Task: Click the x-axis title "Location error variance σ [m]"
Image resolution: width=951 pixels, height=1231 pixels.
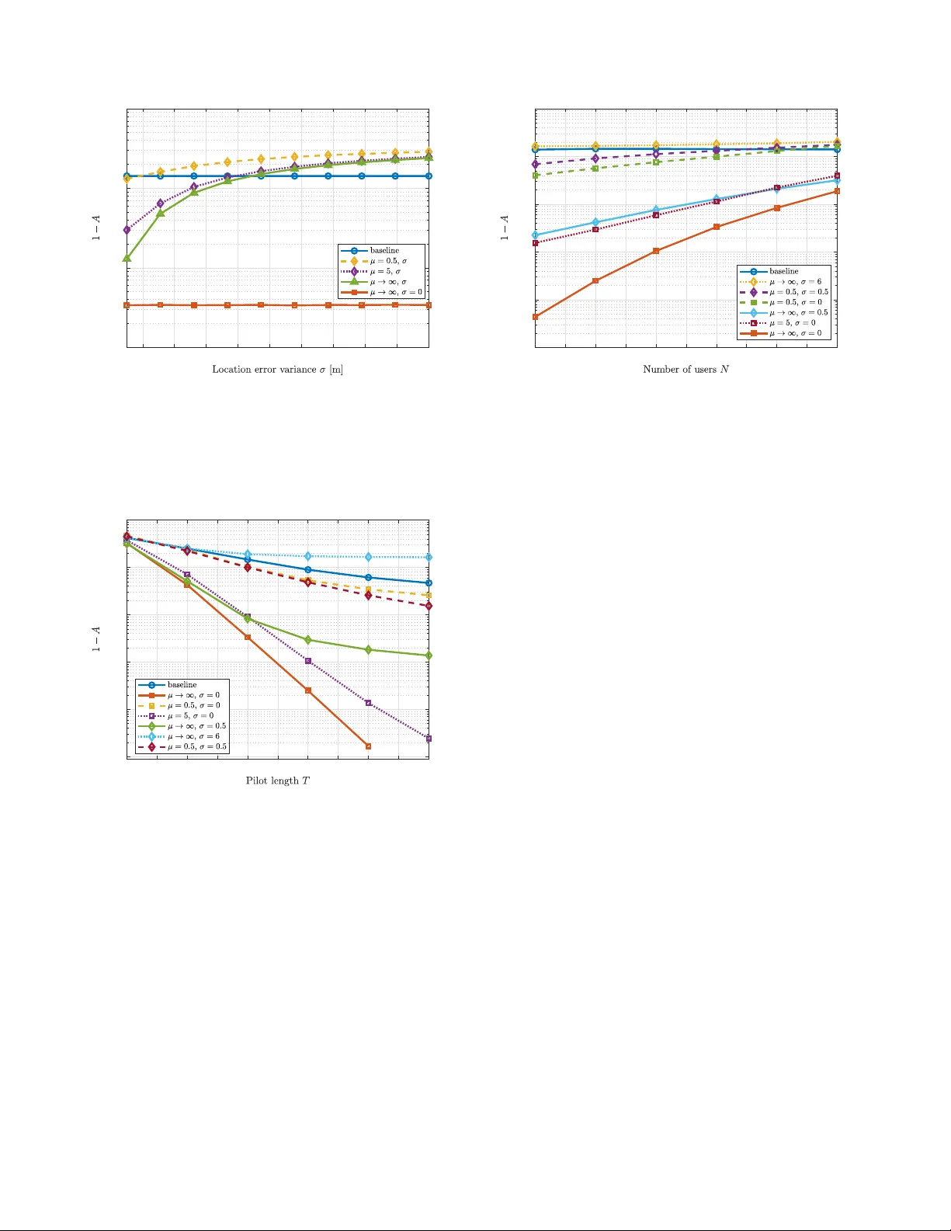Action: [x=277, y=370]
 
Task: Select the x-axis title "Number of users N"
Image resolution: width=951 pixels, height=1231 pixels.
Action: [x=685, y=370]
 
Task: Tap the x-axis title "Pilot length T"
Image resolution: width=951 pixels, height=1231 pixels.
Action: [x=277, y=781]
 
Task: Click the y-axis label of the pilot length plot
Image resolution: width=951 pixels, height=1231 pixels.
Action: [x=96, y=639]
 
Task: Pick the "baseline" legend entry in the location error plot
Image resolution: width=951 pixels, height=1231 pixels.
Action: [x=384, y=251]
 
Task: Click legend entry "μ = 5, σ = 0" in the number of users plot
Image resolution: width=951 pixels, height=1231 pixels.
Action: [x=792, y=323]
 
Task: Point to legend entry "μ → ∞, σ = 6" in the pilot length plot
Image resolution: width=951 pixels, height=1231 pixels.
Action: [x=193, y=736]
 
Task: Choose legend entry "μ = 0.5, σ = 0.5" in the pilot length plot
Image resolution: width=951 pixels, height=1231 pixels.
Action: [x=197, y=747]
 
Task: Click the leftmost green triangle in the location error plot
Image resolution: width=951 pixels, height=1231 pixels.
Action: [x=127, y=258]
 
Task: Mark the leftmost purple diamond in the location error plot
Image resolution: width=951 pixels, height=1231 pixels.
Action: [x=127, y=230]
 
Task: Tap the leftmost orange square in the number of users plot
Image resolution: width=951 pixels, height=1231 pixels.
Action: [x=536, y=317]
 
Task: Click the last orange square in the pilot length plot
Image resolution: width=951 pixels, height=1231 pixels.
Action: [x=368, y=746]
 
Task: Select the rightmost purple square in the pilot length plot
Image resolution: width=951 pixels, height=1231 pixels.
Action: [x=429, y=739]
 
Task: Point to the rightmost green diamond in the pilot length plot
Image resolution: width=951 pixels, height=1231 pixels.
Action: [x=429, y=655]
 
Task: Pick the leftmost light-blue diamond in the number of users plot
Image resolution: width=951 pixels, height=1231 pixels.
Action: [x=536, y=235]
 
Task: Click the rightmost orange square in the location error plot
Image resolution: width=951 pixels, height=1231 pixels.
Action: [x=429, y=305]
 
